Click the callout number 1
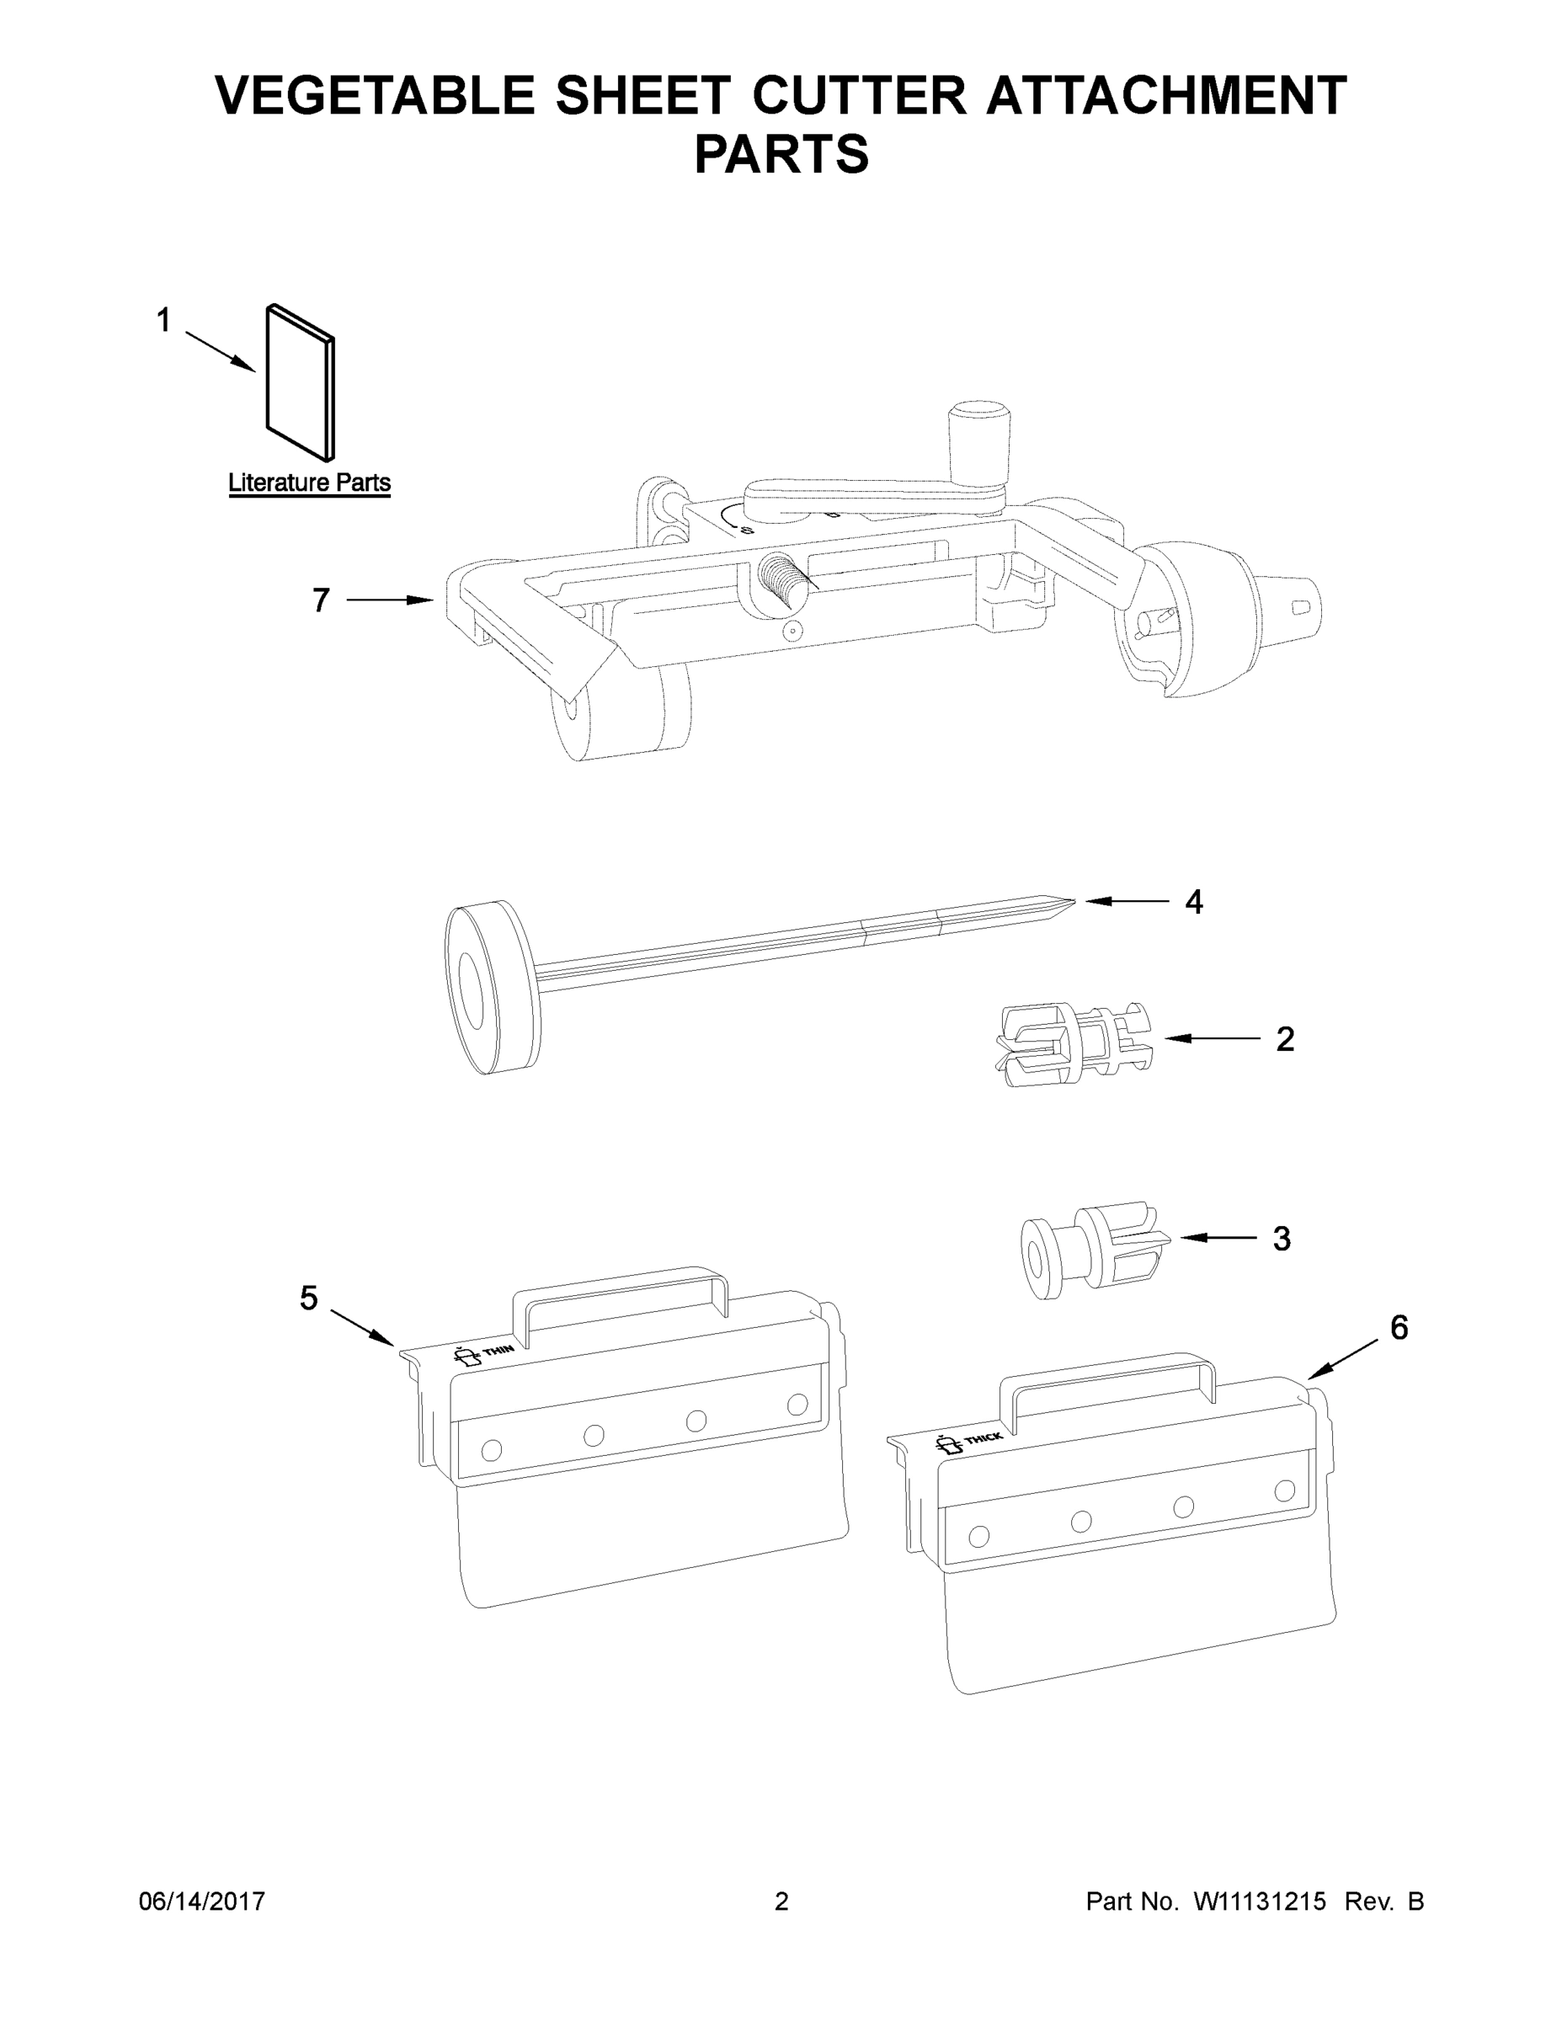click(x=164, y=321)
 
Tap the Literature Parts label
click(x=309, y=483)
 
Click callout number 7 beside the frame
click(x=320, y=600)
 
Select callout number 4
click(x=1194, y=902)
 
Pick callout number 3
click(x=1281, y=1238)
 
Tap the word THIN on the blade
click(x=498, y=1350)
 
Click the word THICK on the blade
click(x=983, y=1439)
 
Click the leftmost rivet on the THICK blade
click(x=977, y=1536)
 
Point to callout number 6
click(x=1398, y=1328)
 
